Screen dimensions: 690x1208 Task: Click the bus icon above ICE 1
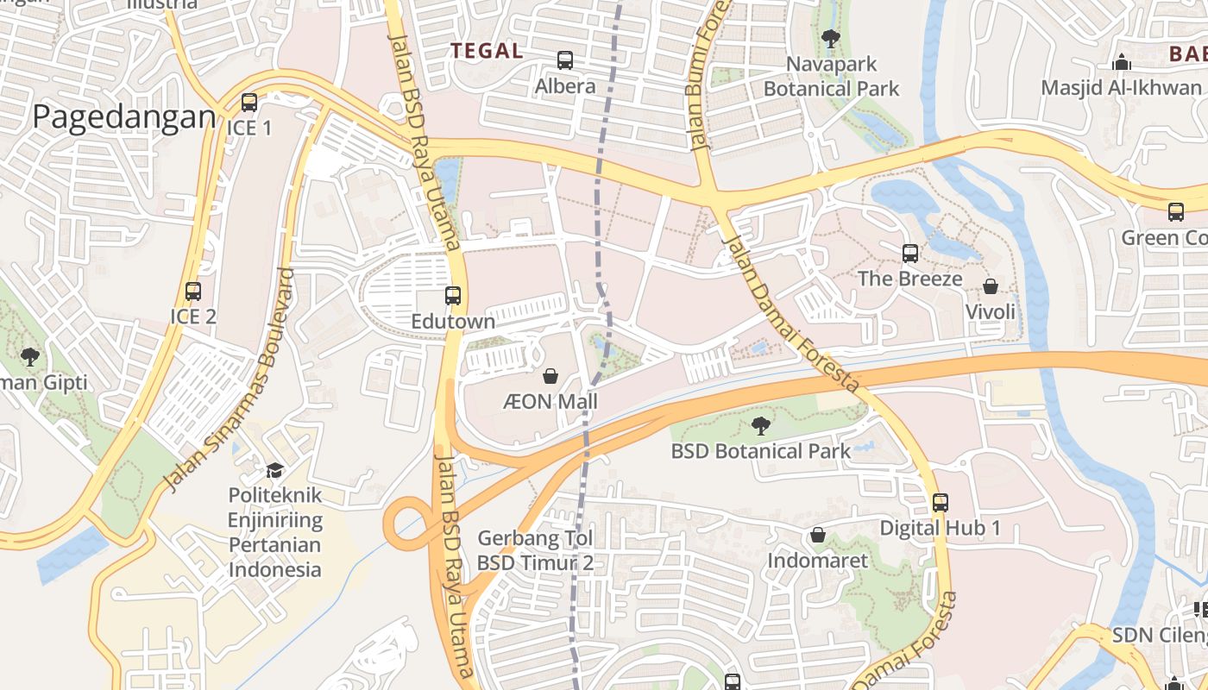tap(249, 103)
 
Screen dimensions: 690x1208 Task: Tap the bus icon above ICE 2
tap(193, 292)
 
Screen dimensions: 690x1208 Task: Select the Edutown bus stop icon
tap(453, 296)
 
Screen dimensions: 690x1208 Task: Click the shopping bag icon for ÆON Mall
tap(551, 376)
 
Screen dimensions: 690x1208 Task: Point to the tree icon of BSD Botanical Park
tap(760, 425)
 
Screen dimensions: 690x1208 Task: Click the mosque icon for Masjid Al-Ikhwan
tap(1122, 62)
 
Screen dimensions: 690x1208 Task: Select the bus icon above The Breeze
tap(910, 254)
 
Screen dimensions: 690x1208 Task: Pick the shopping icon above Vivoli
tap(991, 286)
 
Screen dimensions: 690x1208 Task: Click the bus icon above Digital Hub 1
tap(941, 502)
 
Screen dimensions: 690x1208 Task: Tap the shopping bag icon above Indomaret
tap(818, 535)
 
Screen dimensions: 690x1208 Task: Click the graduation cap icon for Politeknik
tap(274, 470)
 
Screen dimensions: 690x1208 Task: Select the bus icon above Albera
tap(565, 60)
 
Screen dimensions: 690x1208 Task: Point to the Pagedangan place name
tap(124, 118)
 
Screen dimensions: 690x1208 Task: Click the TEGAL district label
tap(488, 51)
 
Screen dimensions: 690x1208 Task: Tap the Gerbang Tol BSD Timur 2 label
tap(535, 550)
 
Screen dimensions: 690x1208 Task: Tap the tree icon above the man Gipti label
tap(30, 356)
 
